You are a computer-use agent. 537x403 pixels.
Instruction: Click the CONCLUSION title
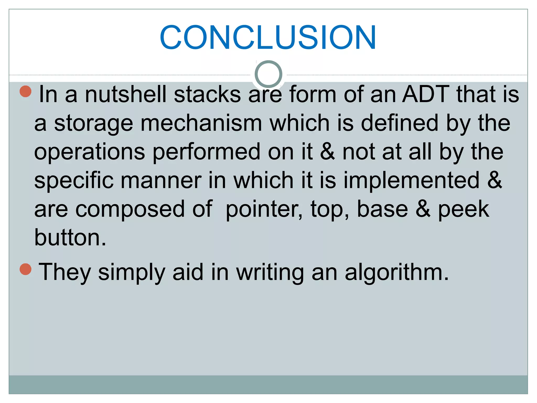(x=268, y=37)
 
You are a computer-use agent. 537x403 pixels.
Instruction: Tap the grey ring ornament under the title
(x=268, y=74)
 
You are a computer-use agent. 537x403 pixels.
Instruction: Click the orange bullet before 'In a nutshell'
(x=26, y=92)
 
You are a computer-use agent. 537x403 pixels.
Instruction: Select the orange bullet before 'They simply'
(x=26, y=269)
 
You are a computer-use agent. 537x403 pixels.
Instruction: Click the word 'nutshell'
(x=126, y=94)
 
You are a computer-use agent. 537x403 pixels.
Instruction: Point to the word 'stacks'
(x=207, y=94)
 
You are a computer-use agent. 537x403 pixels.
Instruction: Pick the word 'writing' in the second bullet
(x=270, y=273)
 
